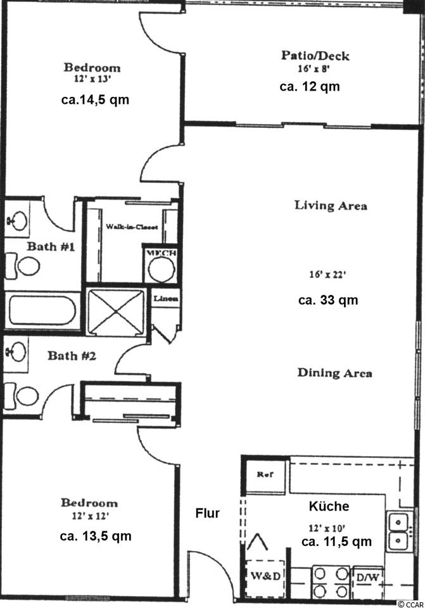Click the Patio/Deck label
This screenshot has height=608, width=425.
coord(315,56)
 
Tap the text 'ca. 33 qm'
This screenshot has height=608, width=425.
coord(328,300)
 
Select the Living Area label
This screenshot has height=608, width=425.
coord(331,205)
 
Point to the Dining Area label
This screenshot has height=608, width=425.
coord(334,372)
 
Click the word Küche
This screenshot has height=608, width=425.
coord(329,506)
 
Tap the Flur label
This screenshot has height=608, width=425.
coord(208,514)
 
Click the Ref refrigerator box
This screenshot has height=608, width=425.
coord(265,475)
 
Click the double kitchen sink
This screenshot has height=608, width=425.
coord(398,530)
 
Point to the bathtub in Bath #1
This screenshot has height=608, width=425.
coord(42,310)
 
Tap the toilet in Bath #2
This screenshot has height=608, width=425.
coord(23,396)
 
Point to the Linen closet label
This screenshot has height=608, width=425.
coord(166,298)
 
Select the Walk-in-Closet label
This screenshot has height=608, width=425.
coord(132,227)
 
